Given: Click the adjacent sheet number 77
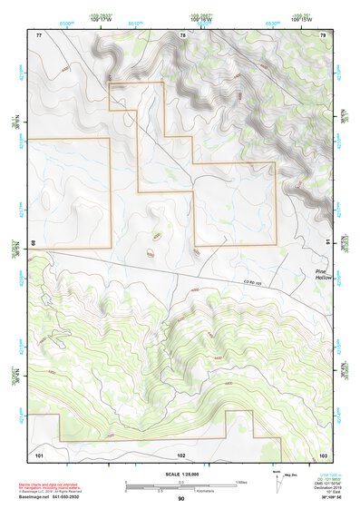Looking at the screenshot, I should click(39, 34).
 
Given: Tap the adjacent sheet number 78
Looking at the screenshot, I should click(182, 34).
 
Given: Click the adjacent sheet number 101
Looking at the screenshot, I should click(39, 453).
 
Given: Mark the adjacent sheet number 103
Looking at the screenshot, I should click(323, 453).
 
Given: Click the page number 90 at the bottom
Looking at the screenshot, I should click(180, 499).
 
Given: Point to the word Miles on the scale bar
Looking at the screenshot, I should click(241, 481).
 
